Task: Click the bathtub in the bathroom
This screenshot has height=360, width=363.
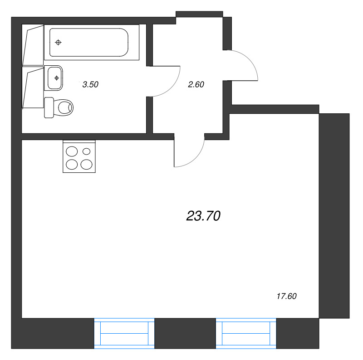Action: [92, 42]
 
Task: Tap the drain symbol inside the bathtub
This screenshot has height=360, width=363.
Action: [59, 42]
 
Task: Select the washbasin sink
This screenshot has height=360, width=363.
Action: [54, 78]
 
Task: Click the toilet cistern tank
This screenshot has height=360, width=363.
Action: [49, 107]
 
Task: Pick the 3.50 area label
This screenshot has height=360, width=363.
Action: [90, 84]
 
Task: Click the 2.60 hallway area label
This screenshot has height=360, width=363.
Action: [196, 84]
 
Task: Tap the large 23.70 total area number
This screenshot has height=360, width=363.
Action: [203, 216]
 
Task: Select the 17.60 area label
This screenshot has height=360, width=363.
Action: [287, 296]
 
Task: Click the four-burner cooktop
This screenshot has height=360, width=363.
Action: [79, 156]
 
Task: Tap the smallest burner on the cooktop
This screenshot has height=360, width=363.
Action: [86, 151]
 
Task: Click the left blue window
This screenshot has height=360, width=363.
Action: [124, 333]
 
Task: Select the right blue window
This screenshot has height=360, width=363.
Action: [246, 333]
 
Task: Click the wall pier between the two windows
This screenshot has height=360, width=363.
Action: [185, 333]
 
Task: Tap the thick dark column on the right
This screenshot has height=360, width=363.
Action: [334, 216]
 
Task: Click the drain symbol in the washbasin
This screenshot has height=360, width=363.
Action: [56, 78]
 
